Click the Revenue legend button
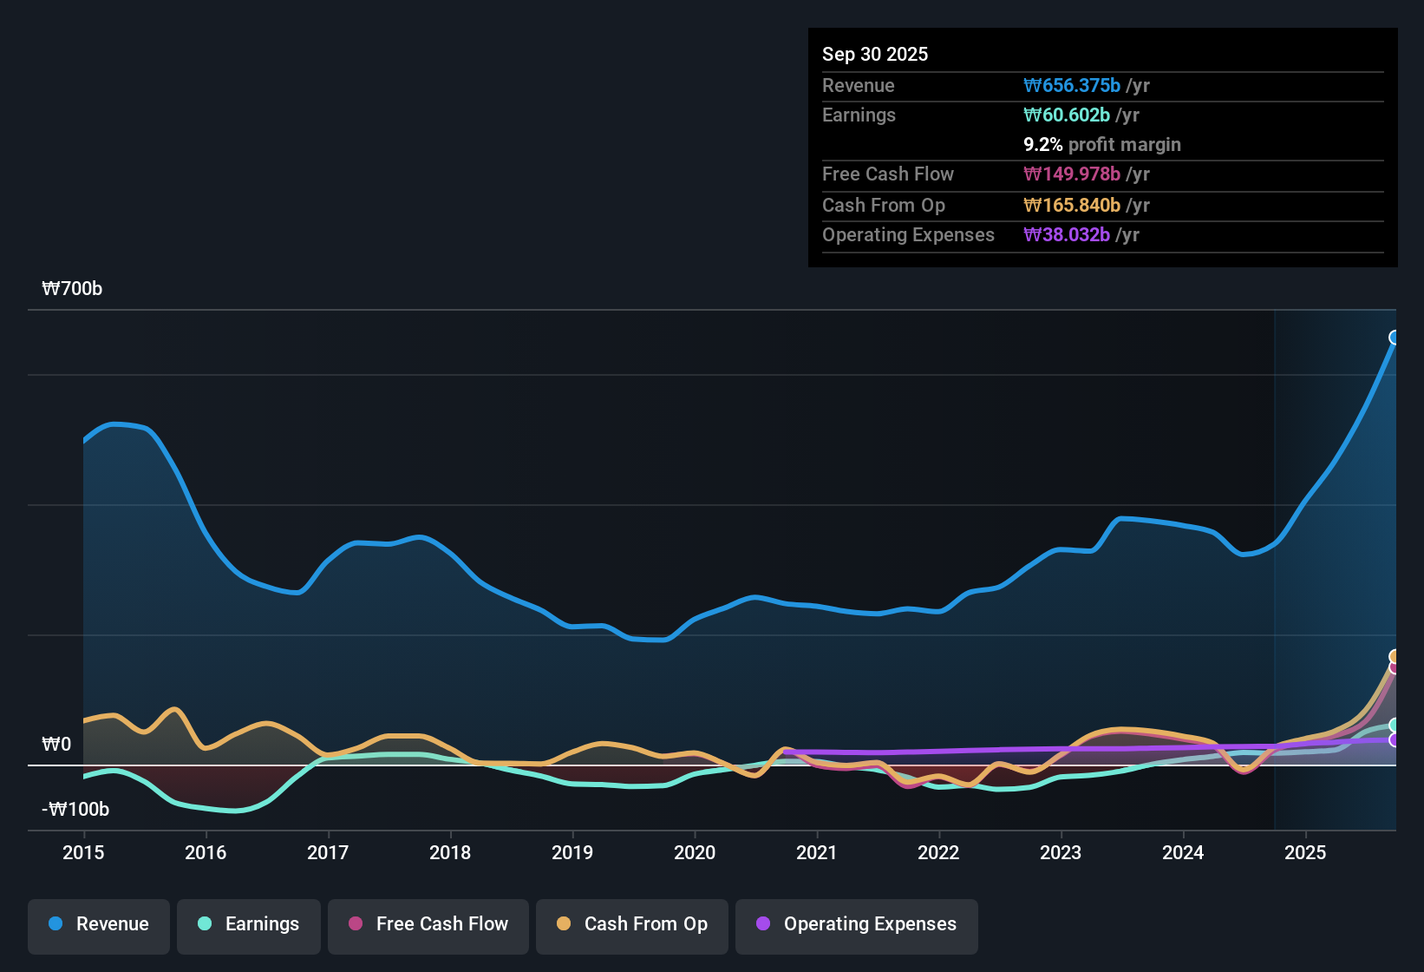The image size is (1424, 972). tap(99, 924)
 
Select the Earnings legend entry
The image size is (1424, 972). tap(249, 924)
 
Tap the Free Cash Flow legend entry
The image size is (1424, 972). tap(428, 924)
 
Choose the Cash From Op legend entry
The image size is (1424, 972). tap(632, 924)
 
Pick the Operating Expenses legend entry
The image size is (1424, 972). tap(857, 924)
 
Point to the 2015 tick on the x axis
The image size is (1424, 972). tap(83, 852)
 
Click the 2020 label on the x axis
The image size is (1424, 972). tap(695, 852)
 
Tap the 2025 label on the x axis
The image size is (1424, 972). tap(1305, 852)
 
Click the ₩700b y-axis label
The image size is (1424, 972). tap(72, 289)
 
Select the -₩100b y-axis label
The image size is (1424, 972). tap(75, 810)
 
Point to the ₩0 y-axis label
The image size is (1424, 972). tap(56, 745)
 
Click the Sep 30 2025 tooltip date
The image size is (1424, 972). tap(874, 54)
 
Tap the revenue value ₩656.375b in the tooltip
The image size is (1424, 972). tap(1072, 85)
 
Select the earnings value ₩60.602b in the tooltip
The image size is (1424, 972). tap(1067, 115)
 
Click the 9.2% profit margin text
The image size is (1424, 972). tap(1101, 145)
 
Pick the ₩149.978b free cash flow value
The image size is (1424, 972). tap(1072, 174)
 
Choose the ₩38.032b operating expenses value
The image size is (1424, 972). tap(1067, 235)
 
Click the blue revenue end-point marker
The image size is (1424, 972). tap(1395, 338)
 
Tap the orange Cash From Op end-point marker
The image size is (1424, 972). tap(1395, 656)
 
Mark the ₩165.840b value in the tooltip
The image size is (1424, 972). tap(1072, 206)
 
